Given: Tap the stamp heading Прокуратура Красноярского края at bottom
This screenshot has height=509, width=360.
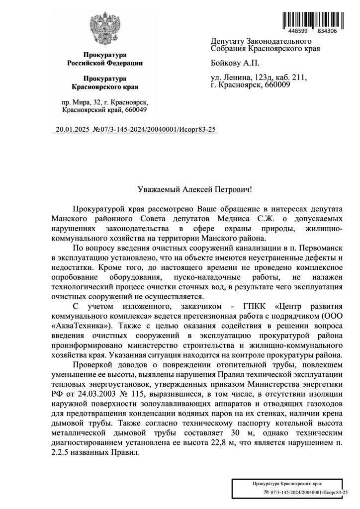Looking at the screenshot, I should (285, 483).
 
